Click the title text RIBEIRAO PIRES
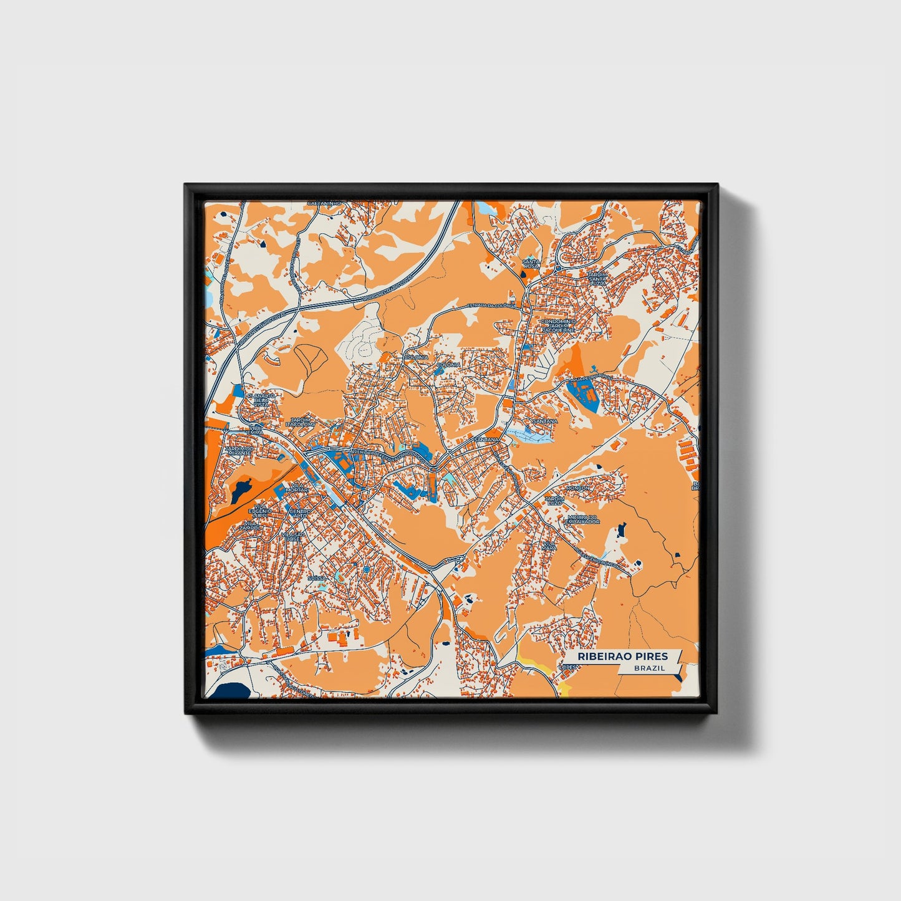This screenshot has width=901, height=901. (x=622, y=656)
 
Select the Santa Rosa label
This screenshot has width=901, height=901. (x=531, y=264)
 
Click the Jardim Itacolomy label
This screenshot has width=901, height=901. (x=297, y=422)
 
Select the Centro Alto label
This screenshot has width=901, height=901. (x=299, y=514)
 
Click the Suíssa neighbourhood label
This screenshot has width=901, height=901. (x=317, y=578)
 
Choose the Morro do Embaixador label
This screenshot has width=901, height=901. (x=584, y=519)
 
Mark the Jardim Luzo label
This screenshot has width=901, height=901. (x=554, y=501)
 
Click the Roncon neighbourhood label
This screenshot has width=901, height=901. (x=577, y=488)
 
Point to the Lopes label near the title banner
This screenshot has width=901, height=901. (x=568, y=667)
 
